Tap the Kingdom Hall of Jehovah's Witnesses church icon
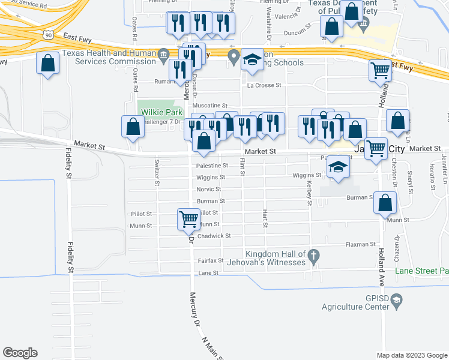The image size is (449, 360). pyautogui.click(x=313, y=258)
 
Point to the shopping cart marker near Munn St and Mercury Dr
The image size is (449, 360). pyautogui.click(x=188, y=220)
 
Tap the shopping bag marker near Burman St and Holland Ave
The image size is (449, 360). pyautogui.click(x=385, y=203)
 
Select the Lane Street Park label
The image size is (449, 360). pyautogui.click(x=421, y=271)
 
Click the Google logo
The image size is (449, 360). pyautogui.click(x=20, y=353)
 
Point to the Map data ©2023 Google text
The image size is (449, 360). pyautogui.click(x=411, y=355)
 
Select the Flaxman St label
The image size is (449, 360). pyautogui.click(x=360, y=245)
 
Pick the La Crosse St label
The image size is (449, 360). pyautogui.click(x=264, y=85)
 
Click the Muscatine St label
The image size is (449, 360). pyautogui.click(x=209, y=105)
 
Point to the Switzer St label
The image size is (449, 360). pyautogui.click(x=157, y=174)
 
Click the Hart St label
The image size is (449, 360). pyautogui.click(x=265, y=218)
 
